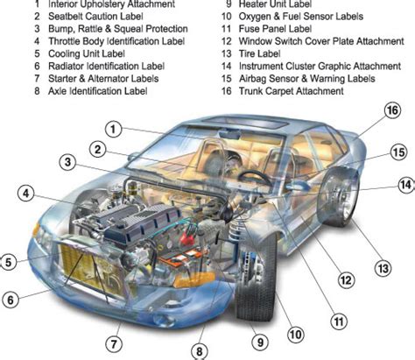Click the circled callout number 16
[x=392, y=110]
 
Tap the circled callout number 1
[x=114, y=130]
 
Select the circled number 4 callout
[x=26, y=194]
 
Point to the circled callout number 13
[x=383, y=268]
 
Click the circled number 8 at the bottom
[x=200, y=351]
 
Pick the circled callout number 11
[x=339, y=321]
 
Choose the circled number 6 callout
[x=11, y=300]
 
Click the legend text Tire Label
[x=260, y=53]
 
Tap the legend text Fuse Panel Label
[x=275, y=29]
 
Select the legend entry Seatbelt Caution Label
[x=95, y=17]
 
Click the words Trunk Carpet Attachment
[x=292, y=91]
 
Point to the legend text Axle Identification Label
[x=98, y=91]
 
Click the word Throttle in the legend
[x=64, y=41]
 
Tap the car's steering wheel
[x=253, y=176]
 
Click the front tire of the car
[x=257, y=277]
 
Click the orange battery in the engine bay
[x=180, y=258]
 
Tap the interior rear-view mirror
[x=230, y=134]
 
